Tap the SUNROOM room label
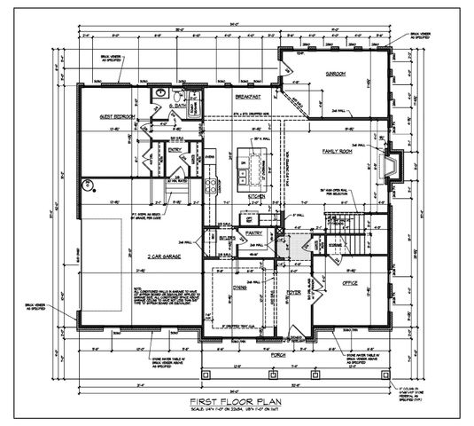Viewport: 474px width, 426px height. (334, 74)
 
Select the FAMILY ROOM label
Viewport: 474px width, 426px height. (338, 152)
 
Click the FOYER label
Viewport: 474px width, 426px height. (294, 288)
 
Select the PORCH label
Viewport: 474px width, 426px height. (277, 350)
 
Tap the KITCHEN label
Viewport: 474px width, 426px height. (257, 195)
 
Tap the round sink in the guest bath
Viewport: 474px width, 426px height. (162, 91)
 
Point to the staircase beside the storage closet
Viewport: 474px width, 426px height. (359, 232)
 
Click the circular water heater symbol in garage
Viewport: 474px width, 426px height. (88, 185)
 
